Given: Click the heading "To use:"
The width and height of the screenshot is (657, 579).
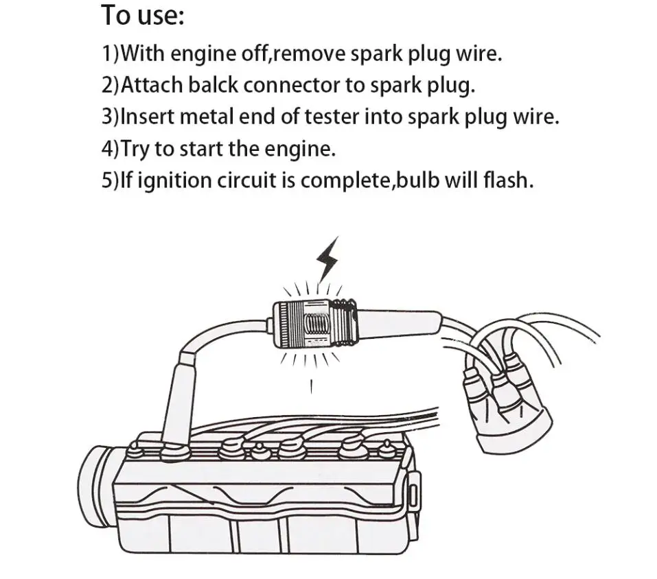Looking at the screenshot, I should pos(143,15).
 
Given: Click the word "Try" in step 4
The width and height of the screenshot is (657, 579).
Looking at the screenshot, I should pos(135,149).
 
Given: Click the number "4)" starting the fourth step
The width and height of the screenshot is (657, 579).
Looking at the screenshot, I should pos(111,149).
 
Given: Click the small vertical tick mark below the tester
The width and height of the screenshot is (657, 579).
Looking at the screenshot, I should pos(312,386).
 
